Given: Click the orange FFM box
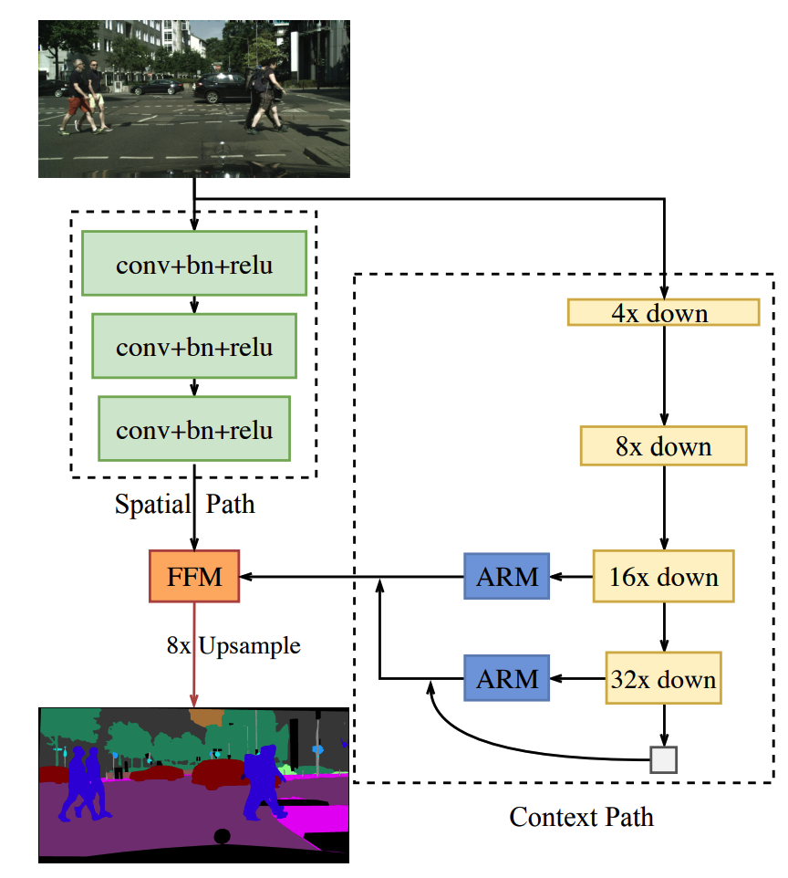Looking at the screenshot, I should (193, 576).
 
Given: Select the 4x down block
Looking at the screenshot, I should (663, 313).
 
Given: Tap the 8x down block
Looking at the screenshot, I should (663, 446).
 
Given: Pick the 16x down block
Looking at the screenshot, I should (663, 576).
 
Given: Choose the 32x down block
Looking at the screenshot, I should (663, 678).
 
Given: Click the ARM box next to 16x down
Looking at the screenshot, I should (506, 576).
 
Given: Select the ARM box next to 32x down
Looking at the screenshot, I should (506, 678).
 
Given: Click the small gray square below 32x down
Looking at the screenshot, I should (663, 758).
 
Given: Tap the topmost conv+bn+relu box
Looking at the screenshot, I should (194, 263).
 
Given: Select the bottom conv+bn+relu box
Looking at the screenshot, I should (194, 428).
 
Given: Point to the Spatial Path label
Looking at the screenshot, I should (184, 504).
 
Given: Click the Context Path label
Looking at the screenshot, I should (581, 815).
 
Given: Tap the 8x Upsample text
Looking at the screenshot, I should (233, 646).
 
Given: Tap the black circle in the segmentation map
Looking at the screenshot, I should (221, 836).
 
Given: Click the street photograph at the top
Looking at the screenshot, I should (193, 98).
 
